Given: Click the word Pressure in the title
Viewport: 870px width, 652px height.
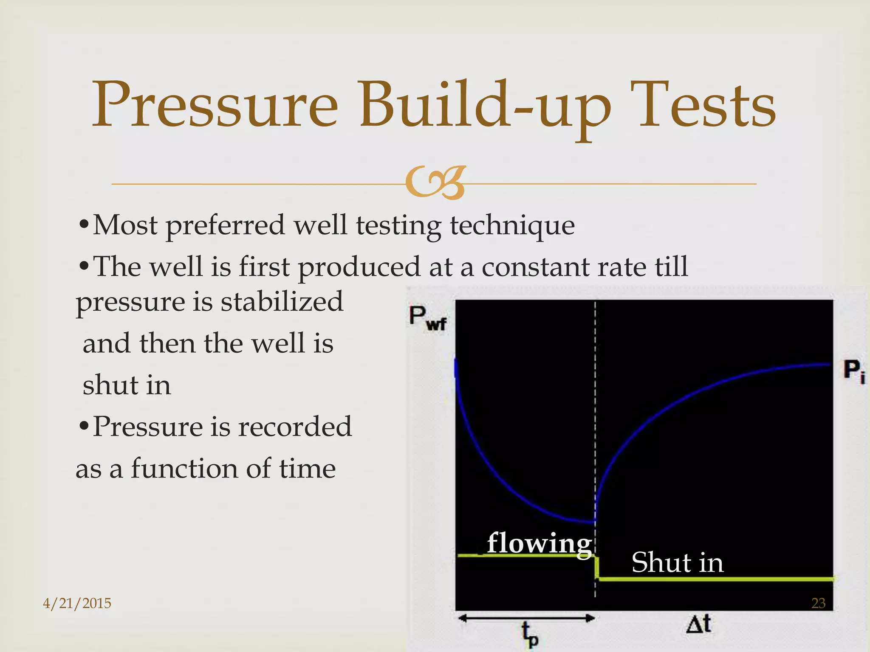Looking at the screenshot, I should tap(215, 105).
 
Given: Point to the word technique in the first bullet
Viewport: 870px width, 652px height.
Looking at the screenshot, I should tap(512, 226).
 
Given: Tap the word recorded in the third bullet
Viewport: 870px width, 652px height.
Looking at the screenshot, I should tap(294, 427).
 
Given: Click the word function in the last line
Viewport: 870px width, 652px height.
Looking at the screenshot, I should tap(184, 469).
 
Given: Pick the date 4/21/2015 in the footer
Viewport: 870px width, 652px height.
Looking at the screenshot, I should tap(77, 603).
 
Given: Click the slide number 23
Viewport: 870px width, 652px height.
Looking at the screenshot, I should tap(818, 603).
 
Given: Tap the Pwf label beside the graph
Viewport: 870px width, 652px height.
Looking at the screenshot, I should tap(427, 318).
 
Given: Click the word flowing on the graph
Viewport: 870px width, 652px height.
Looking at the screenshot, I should tap(539, 543).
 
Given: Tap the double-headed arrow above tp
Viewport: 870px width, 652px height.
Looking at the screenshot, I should tap(526, 618).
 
